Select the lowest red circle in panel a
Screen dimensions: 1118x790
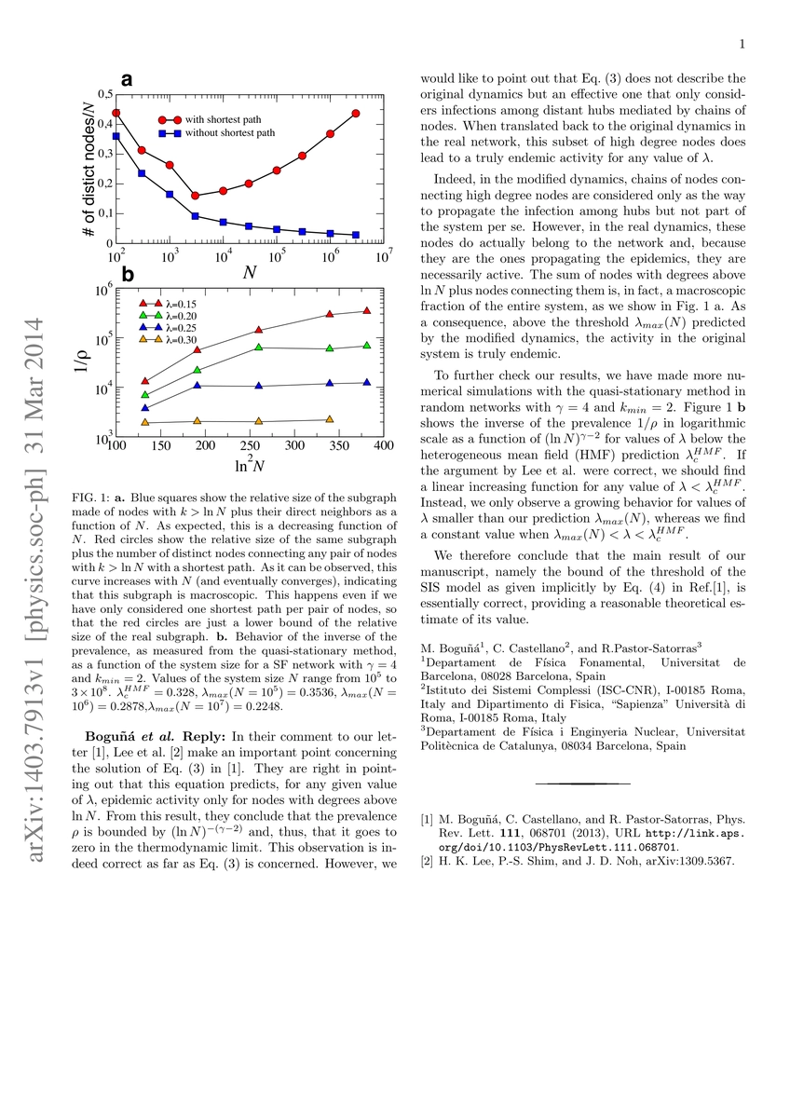(196, 196)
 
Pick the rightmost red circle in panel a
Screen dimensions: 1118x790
(356, 114)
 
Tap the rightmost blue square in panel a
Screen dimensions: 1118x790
(356, 235)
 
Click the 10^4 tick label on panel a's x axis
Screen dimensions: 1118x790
(224, 254)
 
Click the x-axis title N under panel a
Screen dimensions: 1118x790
(251, 273)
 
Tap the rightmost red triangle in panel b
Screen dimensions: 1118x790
(366, 310)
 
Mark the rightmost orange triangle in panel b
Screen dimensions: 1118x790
(330, 419)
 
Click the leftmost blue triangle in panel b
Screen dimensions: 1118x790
(144, 407)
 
